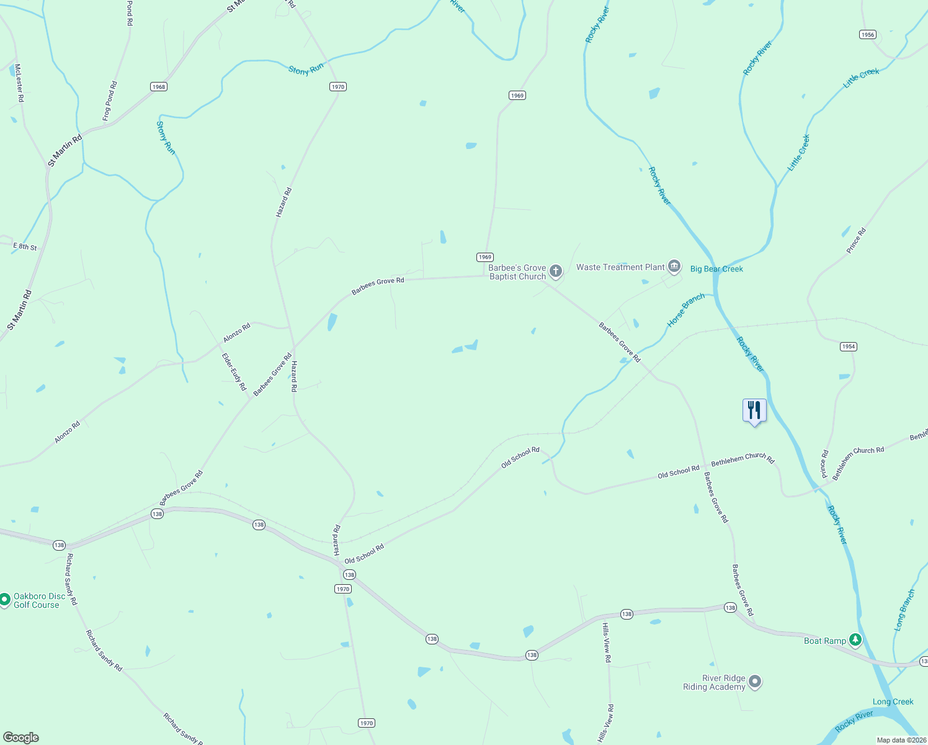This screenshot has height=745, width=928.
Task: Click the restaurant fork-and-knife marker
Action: click(x=754, y=410)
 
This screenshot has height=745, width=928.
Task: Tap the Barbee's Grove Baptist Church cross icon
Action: click(x=555, y=271)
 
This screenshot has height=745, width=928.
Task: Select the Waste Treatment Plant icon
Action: click(x=674, y=267)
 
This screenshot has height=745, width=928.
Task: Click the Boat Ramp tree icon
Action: click(x=855, y=640)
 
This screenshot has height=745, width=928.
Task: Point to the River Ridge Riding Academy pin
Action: click(x=755, y=682)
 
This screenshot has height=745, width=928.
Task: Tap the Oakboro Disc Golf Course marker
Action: click(x=4, y=600)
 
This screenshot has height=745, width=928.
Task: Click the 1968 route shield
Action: click(x=159, y=87)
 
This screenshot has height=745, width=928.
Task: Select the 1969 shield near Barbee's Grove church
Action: click(x=484, y=257)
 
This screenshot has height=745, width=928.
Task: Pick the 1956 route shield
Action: click(x=868, y=35)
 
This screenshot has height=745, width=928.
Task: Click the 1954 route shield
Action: click(x=849, y=346)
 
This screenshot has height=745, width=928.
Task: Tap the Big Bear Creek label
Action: click(x=716, y=269)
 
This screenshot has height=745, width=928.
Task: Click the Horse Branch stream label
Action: click(x=685, y=310)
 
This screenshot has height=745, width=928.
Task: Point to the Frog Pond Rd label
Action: click(x=110, y=101)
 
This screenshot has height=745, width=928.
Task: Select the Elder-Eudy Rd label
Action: click(x=234, y=372)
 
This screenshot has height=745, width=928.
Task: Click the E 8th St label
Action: click(x=25, y=246)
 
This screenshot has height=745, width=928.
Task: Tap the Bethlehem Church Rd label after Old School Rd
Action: click(x=743, y=459)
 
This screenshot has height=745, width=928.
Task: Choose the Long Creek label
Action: click(x=893, y=702)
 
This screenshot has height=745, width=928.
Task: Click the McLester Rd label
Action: click(x=19, y=83)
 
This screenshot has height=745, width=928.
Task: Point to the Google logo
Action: click(x=21, y=738)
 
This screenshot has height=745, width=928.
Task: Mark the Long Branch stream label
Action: click(x=904, y=610)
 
